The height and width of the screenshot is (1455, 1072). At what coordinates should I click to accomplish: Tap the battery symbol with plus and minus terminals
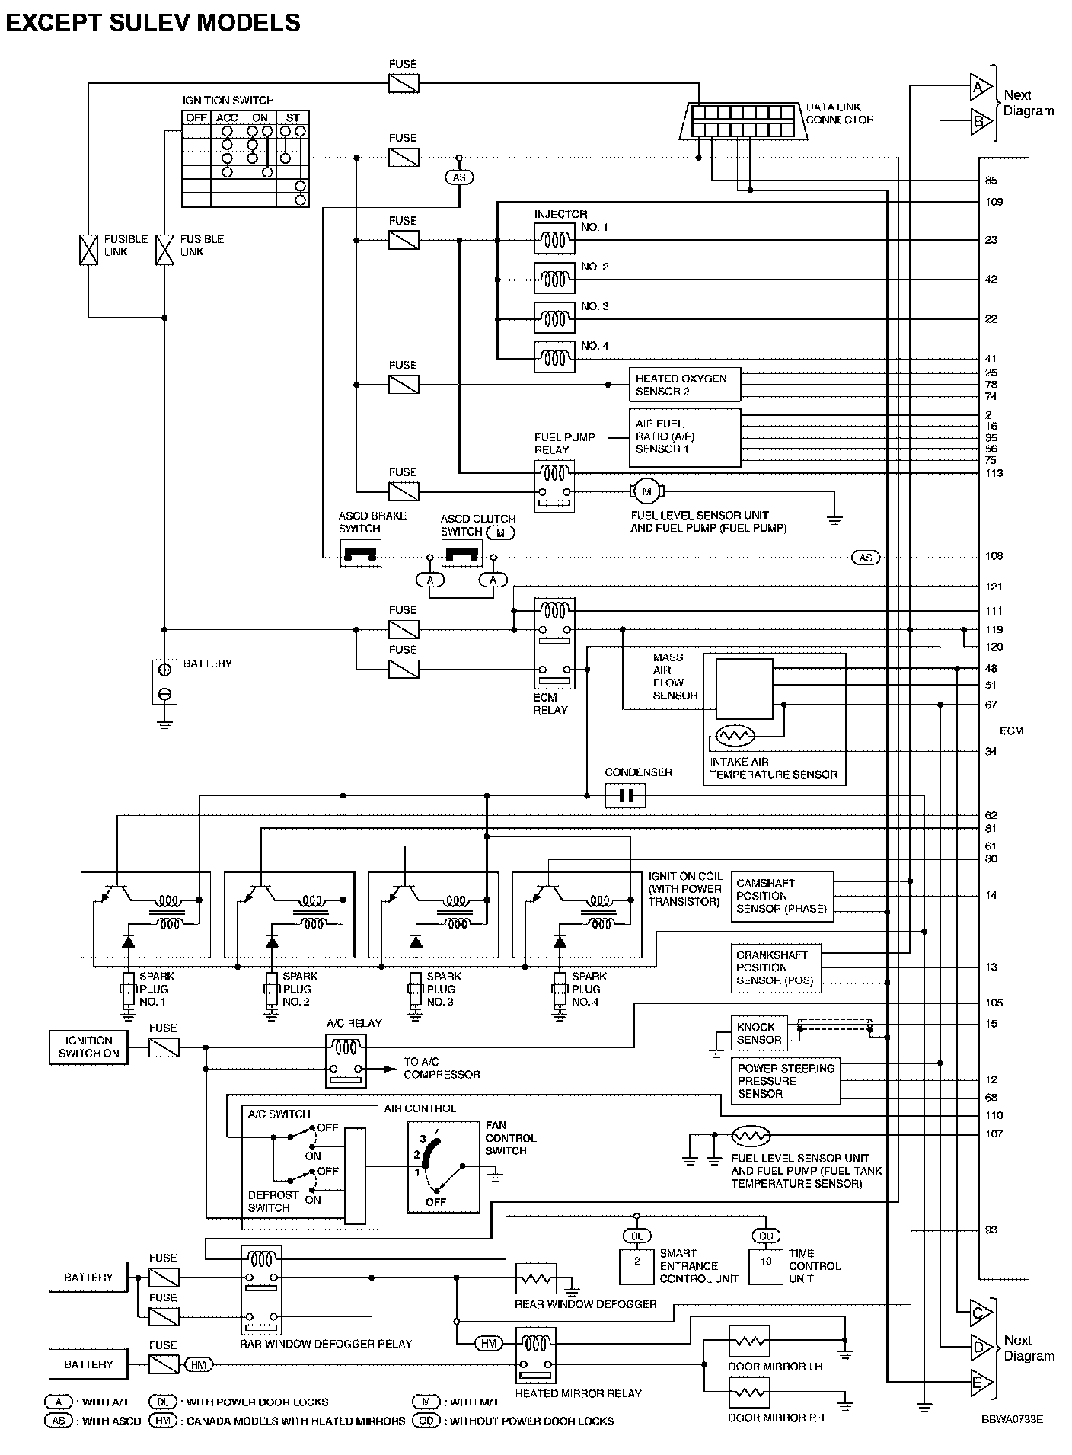(x=164, y=681)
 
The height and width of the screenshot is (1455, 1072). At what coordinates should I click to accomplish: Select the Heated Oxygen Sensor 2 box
(x=684, y=385)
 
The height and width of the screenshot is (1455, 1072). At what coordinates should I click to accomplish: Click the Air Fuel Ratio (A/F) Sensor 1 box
(x=684, y=437)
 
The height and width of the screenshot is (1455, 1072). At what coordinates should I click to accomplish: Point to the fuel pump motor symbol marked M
(x=646, y=491)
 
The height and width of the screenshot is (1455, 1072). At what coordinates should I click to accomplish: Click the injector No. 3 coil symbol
(x=554, y=319)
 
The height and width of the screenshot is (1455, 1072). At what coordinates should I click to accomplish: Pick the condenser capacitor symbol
(x=625, y=796)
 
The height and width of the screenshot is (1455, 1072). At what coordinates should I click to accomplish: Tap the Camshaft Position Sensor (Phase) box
(x=782, y=896)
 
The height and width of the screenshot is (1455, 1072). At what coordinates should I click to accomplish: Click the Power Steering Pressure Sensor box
(x=786, y=1081)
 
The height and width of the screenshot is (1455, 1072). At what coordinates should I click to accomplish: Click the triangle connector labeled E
(x=981, y=1381)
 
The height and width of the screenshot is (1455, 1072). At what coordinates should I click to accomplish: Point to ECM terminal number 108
(x=994, y=556)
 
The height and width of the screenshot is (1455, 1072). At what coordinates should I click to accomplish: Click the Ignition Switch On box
(x=89, y=1047)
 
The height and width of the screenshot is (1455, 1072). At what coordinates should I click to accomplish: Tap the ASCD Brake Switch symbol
(x=360, y=552)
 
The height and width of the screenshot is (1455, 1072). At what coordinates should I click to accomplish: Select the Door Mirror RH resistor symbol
(x=750, y=1393)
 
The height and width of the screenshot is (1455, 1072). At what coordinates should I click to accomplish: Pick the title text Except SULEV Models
(x=153, y=23)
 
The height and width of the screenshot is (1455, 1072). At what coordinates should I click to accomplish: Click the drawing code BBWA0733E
(x=1012, y=1419)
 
